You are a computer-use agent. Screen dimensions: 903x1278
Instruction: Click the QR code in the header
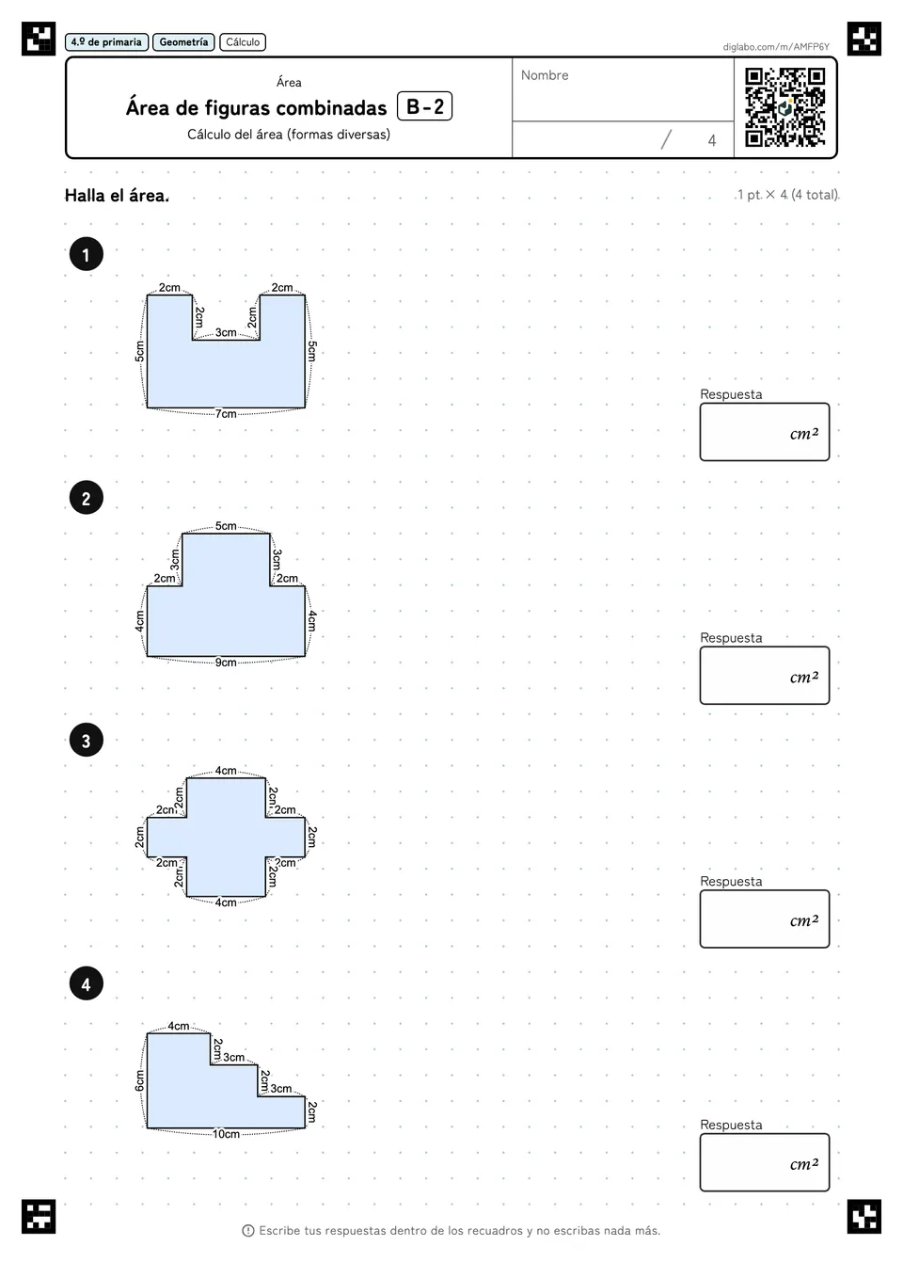click(785, 107)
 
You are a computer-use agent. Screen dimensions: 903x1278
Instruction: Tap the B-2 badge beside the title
click(425, 106)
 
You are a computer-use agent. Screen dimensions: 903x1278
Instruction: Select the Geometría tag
click(183, 42)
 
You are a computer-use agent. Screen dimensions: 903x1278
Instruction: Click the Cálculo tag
click(243, 42)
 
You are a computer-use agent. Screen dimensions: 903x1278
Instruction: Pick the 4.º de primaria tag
click(106, 42)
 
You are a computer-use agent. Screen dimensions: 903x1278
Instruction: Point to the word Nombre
click(545, 75)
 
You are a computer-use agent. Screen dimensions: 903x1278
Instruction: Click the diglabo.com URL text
click(776, 47)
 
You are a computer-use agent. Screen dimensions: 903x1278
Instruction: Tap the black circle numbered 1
click(87, 254)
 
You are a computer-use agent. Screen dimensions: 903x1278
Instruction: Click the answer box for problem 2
click(765, 675)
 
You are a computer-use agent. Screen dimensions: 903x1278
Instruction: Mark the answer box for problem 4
click(765, 1162)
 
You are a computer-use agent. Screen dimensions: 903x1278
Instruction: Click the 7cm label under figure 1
click(226, 414)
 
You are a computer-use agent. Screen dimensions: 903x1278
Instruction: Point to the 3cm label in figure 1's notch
click(226, 332)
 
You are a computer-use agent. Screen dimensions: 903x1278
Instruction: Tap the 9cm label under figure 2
click(226, 663)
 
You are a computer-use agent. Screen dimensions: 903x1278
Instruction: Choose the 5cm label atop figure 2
click(226, 526)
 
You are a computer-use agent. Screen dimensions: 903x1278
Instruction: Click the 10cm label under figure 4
click(227, 1134)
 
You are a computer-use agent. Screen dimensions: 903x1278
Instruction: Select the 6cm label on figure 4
click(139, 1080)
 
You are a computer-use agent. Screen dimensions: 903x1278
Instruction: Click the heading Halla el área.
click(117, 196)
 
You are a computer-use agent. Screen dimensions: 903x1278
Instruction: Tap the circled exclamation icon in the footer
click(248, 1231)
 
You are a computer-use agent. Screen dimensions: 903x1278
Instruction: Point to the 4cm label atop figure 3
click(226, 771)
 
